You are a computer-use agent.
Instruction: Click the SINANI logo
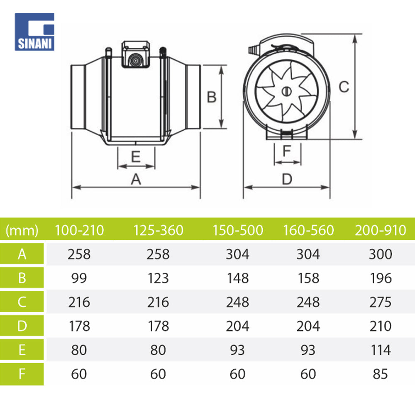tap(35, 32)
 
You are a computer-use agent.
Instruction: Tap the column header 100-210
tap(79, 230)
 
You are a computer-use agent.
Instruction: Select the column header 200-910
tap(380, 230)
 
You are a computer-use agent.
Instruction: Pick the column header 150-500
tap(238, 230)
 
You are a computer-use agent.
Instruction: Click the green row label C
tap(22, 302)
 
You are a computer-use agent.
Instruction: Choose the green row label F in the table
tap(22, 374)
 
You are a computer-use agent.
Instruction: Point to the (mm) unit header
tap(22, 230)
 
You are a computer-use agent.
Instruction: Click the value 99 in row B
tap(79, 278)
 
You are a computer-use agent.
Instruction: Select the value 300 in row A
tap(380, 254)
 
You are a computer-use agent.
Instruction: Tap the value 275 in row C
tap(380, 302)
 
